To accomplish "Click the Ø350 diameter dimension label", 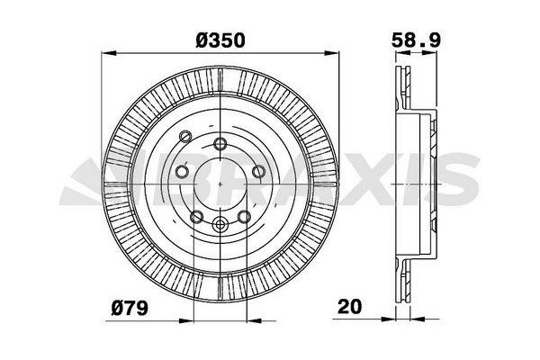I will click(x=220, y=40).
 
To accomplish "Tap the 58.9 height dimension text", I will click(x=416, y=40).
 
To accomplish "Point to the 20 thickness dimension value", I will click(x=349, y=305).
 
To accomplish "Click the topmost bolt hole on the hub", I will click(x=220, y=141).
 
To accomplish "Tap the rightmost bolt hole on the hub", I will click(x=258, y=171).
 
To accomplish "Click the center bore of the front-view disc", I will click(x=220, y=184).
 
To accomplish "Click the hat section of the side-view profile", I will click(x=429, y=184).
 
